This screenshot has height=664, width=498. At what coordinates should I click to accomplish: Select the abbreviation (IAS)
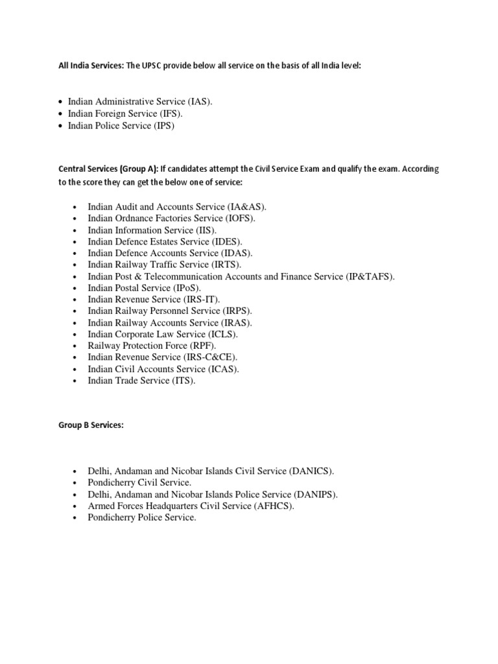pos(200,102)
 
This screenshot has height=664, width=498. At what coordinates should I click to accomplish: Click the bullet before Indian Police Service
pos(60,126)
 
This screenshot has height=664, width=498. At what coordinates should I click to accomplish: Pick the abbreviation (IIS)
pos(206,230)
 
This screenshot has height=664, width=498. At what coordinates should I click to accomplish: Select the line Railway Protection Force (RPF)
pos(152,346)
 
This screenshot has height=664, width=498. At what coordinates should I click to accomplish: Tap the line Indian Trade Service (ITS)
pos(141,381)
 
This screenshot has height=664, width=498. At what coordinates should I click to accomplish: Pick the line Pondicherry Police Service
pos(141,518)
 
